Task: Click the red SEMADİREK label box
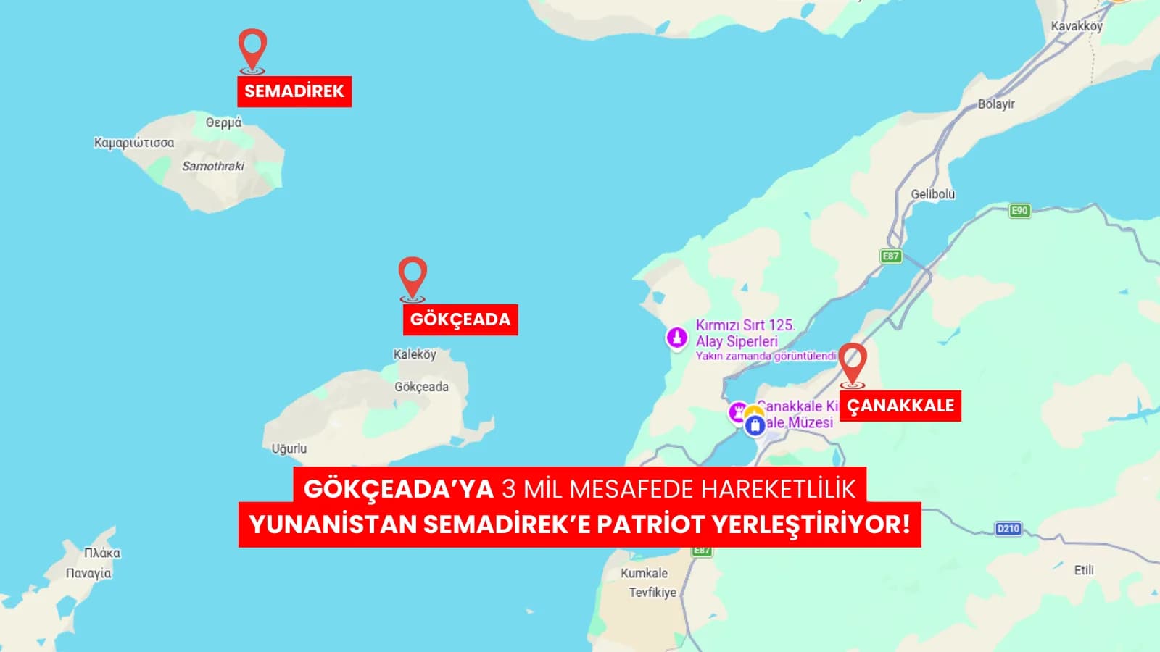(x=294, y=91)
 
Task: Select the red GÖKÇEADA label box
(x=460, y=319)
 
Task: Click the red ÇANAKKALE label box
(x=900, y=406)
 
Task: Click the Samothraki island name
(x=213, y=166)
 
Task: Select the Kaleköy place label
(x=415, y=354)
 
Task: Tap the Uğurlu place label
(x=289, y=448)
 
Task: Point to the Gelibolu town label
(x=933, y=194)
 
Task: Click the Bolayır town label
(x=996, y=104)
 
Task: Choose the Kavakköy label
(x=1077, y=26)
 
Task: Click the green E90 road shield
(x=1019, y=211)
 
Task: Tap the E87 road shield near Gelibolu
(x=890, y=256)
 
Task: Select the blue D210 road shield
(x=1008, y=529)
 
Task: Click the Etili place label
(x=1084, y=570)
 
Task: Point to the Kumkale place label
(x=644, y=573)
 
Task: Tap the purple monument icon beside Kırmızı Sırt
(x=676, y=337)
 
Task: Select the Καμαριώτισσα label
(x=134, y=143)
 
